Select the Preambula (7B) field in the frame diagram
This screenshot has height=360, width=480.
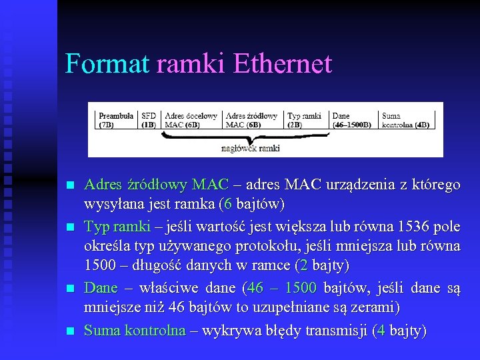click(116, 120)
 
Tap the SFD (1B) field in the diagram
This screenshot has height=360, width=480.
click(149, 120)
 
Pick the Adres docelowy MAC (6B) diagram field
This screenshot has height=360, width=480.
click(191, 120)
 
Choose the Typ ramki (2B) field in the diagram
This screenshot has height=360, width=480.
click(305, 120)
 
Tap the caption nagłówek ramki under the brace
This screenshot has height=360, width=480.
click(251, 148)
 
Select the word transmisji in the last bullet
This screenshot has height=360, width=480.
click(337, 331)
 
